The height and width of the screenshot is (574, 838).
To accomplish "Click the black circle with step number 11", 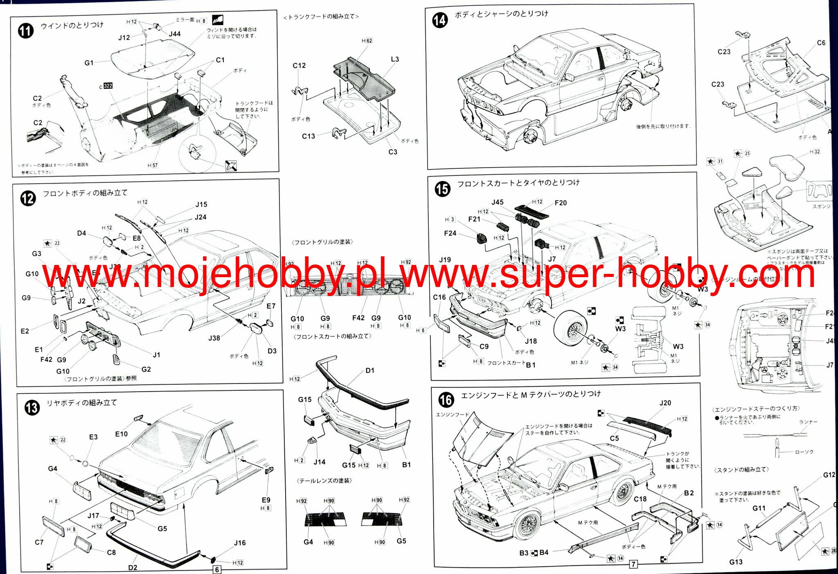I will [26, 31].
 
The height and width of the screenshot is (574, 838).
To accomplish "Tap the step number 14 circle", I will [440, 20].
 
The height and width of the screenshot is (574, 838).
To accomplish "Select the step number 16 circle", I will [446, 399].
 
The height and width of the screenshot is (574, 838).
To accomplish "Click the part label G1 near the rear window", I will [89, 63].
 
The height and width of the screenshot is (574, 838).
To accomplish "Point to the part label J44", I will [175, 34].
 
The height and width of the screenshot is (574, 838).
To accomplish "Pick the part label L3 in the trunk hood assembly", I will [394, 59].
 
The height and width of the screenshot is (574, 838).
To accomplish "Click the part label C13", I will [309, 136].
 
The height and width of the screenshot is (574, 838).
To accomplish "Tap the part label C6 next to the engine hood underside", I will [821, 43].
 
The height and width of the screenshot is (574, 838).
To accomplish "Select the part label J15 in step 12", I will [201, 204].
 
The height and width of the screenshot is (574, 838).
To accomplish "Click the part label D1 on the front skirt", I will [370, 370].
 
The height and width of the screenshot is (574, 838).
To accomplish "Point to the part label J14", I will [319, 462].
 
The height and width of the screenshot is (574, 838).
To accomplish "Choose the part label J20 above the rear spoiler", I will [665, 403].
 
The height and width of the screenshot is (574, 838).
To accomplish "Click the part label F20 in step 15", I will [561, 203].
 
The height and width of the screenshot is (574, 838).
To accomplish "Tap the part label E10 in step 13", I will [121, 434].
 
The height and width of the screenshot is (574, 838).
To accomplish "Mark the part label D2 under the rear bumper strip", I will [133, 567].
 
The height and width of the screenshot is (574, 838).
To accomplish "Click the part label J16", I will [240, 543].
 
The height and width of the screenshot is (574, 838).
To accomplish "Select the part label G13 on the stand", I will [736, 562].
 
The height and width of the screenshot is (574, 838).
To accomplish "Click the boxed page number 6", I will [217, 570].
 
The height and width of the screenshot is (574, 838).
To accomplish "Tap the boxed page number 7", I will [633, 564].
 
